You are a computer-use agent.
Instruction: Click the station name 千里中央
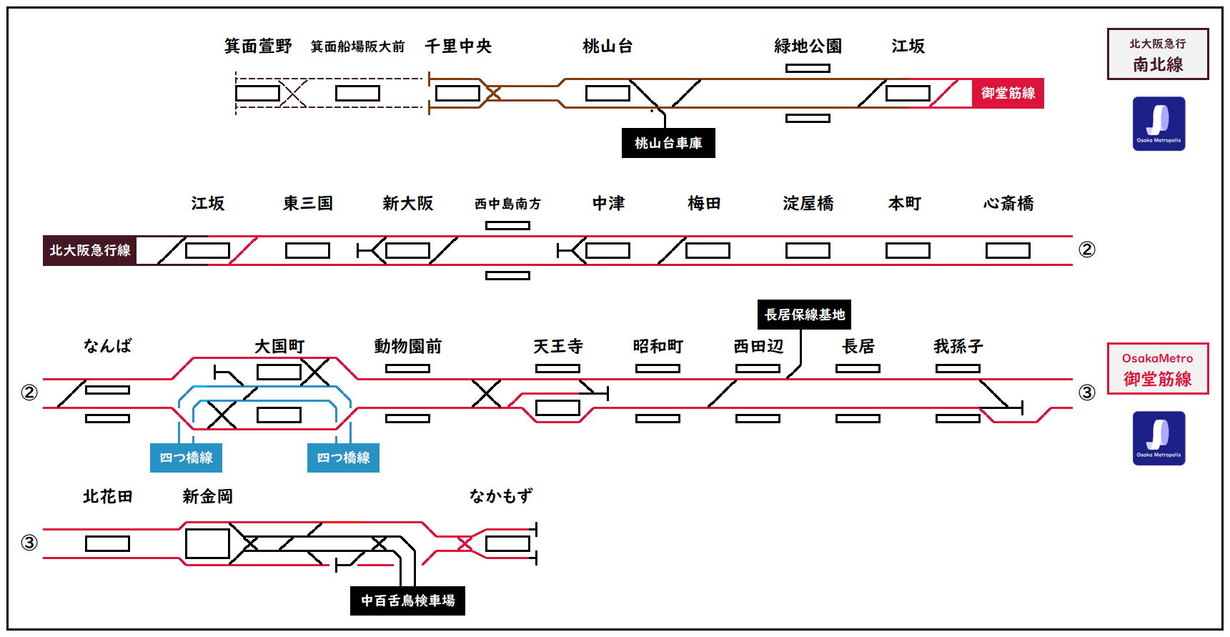coord(458,46)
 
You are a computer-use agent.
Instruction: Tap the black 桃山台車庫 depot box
coord(668,143)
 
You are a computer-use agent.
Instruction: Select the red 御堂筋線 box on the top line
coord(1008,93)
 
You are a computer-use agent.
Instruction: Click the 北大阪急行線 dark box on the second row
coord(90,250)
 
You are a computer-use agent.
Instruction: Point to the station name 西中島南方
coord(507,204)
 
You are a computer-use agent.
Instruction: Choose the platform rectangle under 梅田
coord(708,250)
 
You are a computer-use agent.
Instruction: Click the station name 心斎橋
coord(1008,204)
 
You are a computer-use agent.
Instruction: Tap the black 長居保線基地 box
coord(804,315)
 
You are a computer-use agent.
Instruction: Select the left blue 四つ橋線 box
coord(186,458)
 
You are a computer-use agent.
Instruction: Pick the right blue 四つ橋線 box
coord(343,458)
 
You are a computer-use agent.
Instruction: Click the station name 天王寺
coord(558,347)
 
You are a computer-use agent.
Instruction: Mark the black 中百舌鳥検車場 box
coord(407,601)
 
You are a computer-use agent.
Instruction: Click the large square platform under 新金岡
coord(207,543)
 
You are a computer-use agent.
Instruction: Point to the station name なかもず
coord(500,496)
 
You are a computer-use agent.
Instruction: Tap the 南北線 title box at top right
coord(1158,54)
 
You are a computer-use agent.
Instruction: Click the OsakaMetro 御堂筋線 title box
coord(1158,368)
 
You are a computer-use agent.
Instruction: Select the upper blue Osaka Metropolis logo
coord(1159,124)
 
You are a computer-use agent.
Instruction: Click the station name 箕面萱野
coord(258,46)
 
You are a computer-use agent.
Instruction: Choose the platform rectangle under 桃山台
coord(607,93)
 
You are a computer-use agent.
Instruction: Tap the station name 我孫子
coord(958,347)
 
